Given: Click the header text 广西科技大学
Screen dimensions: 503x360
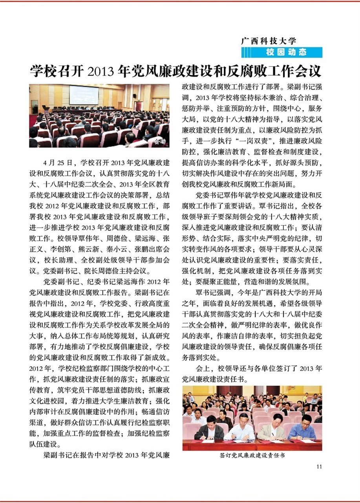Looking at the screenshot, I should click(x=269, y=40).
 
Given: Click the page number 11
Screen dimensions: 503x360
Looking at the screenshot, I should click(x=319, y=466).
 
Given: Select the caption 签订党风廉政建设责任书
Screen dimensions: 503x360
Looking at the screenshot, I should click(x=252, y=456).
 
